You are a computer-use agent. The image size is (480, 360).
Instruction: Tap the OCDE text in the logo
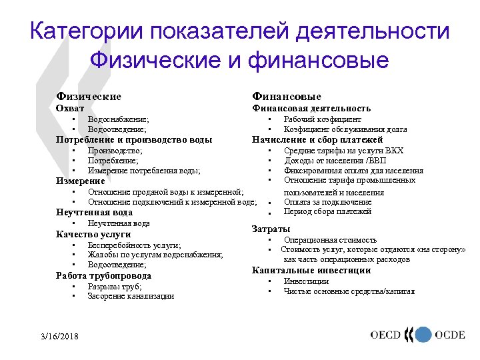pyautogui.click(x=450, y=335)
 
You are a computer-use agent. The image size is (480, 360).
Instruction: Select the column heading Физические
pyautogui.click(x=89, y=97)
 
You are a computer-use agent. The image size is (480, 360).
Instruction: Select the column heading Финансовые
pyautogui.click(x=287, y=97)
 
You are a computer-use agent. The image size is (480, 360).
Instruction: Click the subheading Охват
pyautogui.click(x=70, y=108)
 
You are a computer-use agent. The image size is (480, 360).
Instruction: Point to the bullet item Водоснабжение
pyautogui.click(x=118, y=119)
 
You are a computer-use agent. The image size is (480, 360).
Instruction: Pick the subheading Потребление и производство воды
pyautogui.click(x=134, y=140)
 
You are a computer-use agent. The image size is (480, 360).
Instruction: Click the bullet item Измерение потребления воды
pyautogui.click(x=144, y=171)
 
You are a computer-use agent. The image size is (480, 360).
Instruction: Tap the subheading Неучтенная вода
pyautogui.click(x=99, y=213)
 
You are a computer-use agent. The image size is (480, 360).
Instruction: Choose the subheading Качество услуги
pyautogui.click(x=93, y=234)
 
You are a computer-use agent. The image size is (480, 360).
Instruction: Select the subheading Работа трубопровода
pyautogui.click(x=103, y=275)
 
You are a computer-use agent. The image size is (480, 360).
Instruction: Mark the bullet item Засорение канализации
pyautogui.click(x=131, y=296)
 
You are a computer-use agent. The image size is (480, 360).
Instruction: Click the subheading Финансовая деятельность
pyautogui.click(x=311, y=108)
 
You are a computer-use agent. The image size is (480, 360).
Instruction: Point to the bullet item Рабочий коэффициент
pyautogui.click(x=323, y=119)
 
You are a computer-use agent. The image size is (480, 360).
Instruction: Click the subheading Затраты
pyautogui.click(x=271, y=229)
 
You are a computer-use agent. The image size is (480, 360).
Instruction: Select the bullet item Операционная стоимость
pyautogui.click(x=330, y=239)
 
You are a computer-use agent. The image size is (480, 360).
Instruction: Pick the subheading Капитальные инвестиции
pyautogui.click(x=311, y=270)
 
